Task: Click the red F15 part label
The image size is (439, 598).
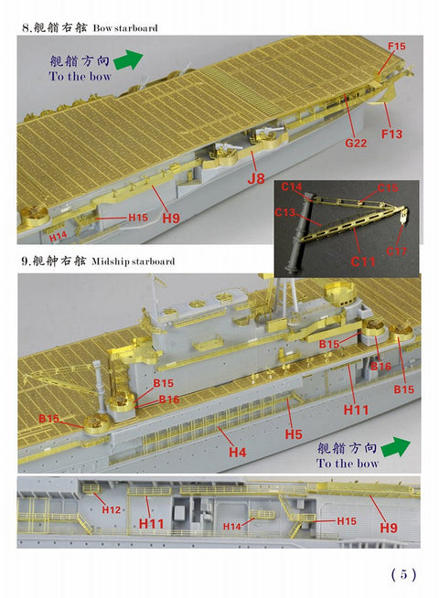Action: (x=396, y=45)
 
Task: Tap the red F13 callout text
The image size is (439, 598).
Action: (x=391, y=135)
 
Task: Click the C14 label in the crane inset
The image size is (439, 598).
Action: (x=292, y=187)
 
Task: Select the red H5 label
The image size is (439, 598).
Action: (x=293, y=434)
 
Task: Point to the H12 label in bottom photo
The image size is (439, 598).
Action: (x=112, y=508)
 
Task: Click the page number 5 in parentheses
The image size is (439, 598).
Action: (x=403, y=574)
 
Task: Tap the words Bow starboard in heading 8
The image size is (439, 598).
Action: (x=123, y=28)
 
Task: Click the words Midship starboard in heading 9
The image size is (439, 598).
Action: (x=134, y=262)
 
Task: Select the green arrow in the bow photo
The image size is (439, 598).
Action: (x=131, y=59)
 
